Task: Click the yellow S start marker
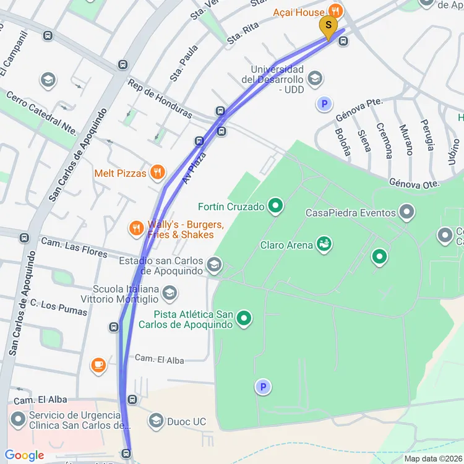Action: pos(328,26)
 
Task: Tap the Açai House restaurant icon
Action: pos(335,11)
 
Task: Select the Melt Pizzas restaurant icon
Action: pos(158,173)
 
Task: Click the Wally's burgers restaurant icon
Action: pos(137,229)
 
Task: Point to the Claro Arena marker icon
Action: pos(323,245)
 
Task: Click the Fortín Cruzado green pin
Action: pos(276,207)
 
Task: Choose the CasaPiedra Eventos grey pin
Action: pos(406,213)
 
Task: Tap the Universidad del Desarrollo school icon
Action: pos(315,78)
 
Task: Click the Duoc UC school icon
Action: pos(156,422)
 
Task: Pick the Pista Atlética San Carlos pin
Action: pos(245,319)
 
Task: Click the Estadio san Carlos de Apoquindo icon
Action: pos(214,265)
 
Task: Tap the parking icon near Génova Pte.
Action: pos(324,104)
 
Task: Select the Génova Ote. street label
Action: pos(414,184)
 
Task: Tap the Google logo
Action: pos(25,455)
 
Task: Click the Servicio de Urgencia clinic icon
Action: pos(18,421)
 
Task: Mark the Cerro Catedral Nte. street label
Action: pos(41,112)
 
